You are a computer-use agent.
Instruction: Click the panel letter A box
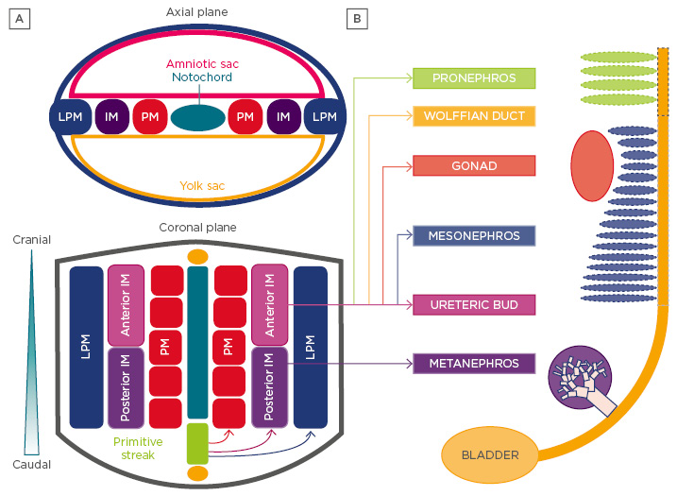point(17,19)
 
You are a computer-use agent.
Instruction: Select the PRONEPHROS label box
point(474,78)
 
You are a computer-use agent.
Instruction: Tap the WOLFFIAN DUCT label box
point(474,116)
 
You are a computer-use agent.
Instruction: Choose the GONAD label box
point(474,165)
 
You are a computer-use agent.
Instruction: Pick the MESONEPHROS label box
point(474,235)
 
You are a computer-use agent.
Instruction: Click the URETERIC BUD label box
point(474,304)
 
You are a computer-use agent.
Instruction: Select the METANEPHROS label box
point(474,364)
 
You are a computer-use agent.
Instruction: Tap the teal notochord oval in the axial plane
point(197,117)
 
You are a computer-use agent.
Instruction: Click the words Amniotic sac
point(197,62)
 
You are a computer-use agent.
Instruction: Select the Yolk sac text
point(197,186)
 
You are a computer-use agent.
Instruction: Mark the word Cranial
point(32,240)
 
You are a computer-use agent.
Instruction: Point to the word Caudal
point(32,464)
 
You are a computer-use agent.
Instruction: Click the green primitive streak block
point(196,444)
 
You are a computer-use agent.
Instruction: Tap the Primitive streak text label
point(138,447)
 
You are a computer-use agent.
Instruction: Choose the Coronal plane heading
point(197,228)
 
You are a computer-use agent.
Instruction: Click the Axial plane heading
point(197,12)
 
